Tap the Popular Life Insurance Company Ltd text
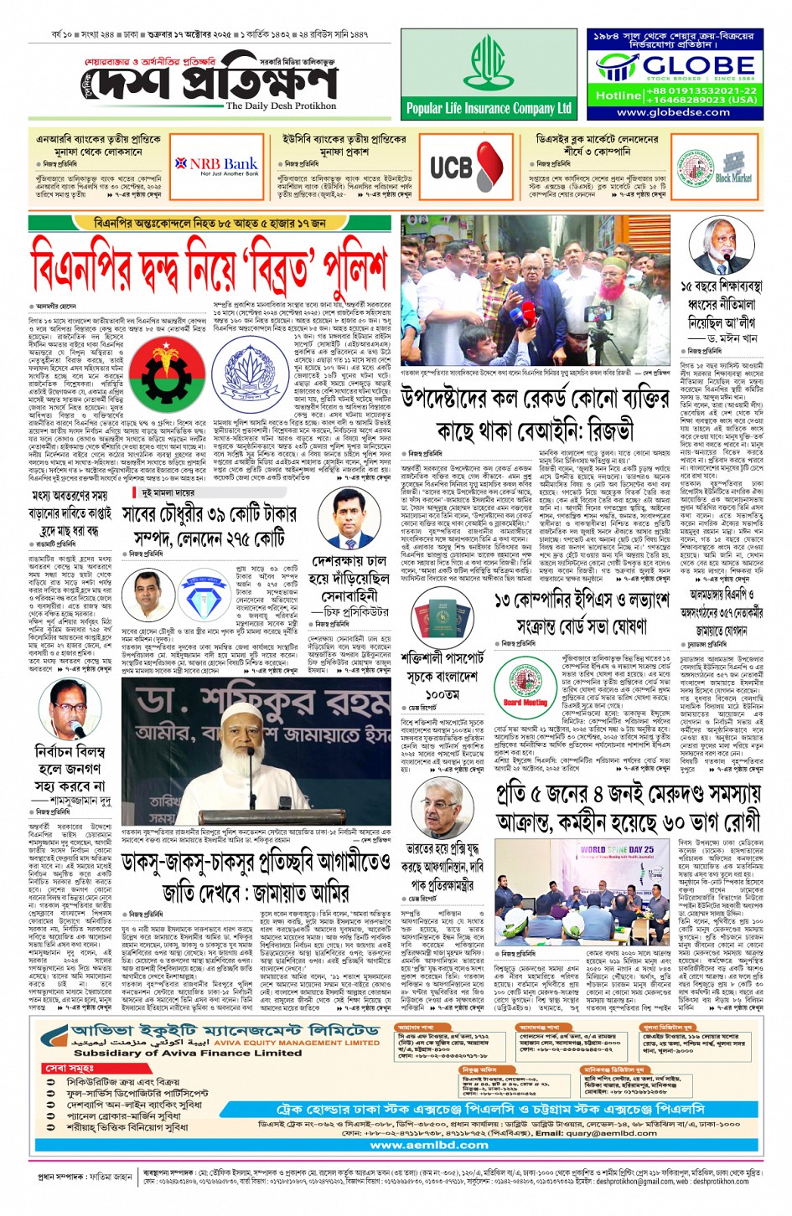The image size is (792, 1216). (489, 108)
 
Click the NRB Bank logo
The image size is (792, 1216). (216, 165)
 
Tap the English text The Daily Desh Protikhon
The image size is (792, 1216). (281, 106)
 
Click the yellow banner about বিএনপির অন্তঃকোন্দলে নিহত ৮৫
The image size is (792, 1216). (210, 224)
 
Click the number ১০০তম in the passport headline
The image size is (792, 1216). (441, 694)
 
